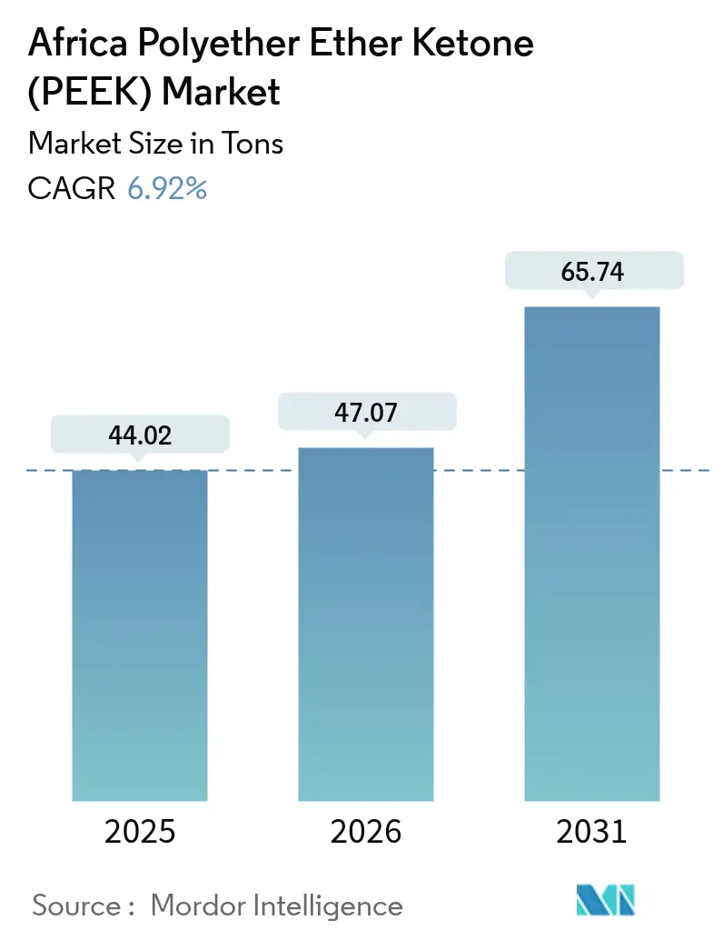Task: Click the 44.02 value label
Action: pyautogui.click(x=140, y=435)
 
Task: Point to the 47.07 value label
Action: pyautogui.click(x=365, y=413)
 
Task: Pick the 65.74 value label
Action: pyautogui.click(x=591, y=272)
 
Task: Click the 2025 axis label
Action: pyautogui.click(x=140, y=832)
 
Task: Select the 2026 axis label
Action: pyautogui.click(x=365, y=832)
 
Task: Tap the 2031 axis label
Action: pyautogui.click(x=591, y=832)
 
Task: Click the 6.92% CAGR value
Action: pyautogui.click(x=167, y=189)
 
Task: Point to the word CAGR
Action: pyautogui.click(x=72, y=189)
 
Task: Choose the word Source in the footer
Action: pyautogui.click(x=77, y=905)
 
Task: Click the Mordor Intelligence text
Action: pyautogui.click(x=277, y=905)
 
